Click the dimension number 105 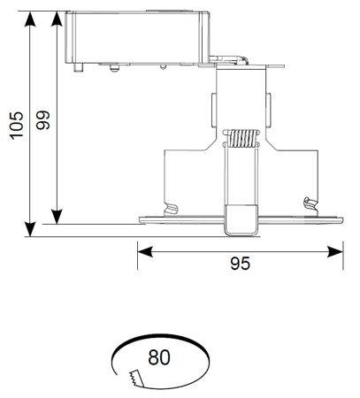click(16, 125)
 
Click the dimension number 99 click(43, 120)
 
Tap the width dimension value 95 click(241, 264)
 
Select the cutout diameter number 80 click(159, 357)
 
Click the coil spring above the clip click(241, 138)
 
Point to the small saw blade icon click(136, 378)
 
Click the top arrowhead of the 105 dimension click(30, 19)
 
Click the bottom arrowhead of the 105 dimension click(30, 229)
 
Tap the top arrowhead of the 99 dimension click(57, 19)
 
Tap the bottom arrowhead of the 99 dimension click(57, 217)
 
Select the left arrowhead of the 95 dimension click(145, 252)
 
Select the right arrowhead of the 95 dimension click(335, 252)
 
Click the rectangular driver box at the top click(137, 37)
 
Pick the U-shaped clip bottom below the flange click(241, 220)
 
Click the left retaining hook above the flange click(172, 209)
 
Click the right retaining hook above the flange click(311, 203)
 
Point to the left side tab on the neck click(214, 110)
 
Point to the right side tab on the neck click(268, 110)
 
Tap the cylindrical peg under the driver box click(79, 67)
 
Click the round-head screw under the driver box click(114, 68)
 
